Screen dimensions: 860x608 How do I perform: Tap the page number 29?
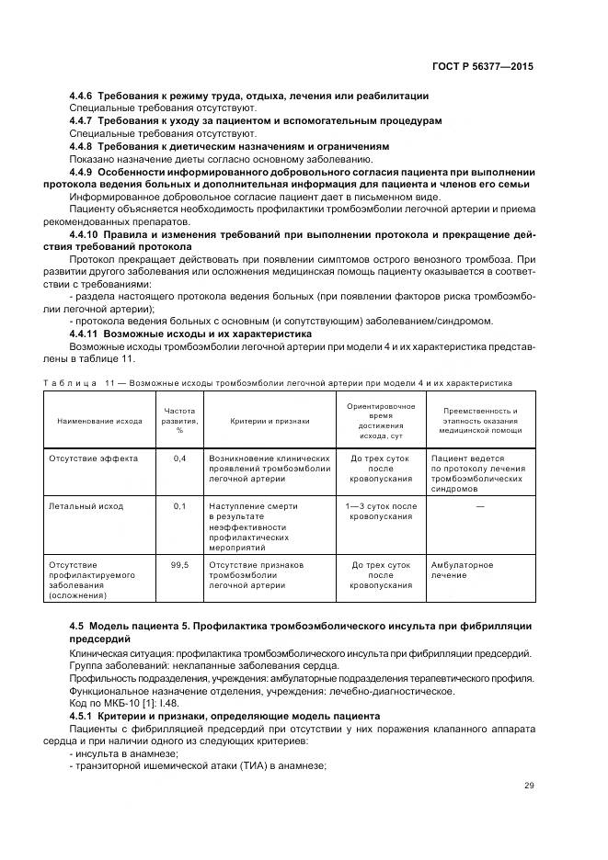pyautogui.click(x=528, y=786)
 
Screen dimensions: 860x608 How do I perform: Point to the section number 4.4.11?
pyautogui.click(x=85, y=334)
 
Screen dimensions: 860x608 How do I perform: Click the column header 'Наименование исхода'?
pyautogui.click(x=99, y=421)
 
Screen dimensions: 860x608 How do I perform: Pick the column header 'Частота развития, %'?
pyautogui.click(x=179, y=420)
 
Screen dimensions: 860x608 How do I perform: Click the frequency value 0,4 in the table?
pyautogui.click(x=179, y=458)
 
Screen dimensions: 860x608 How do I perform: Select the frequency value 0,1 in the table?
pyautogui.click(x=179, y=506)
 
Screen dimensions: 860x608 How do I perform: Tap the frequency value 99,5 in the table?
pyautogui.click(x=179, y=564)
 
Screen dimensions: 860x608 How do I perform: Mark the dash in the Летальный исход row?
pyautogui.click(x=479, y=506)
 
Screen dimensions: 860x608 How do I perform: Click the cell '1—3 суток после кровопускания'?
pyautogui.click(x=381, y=512)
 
